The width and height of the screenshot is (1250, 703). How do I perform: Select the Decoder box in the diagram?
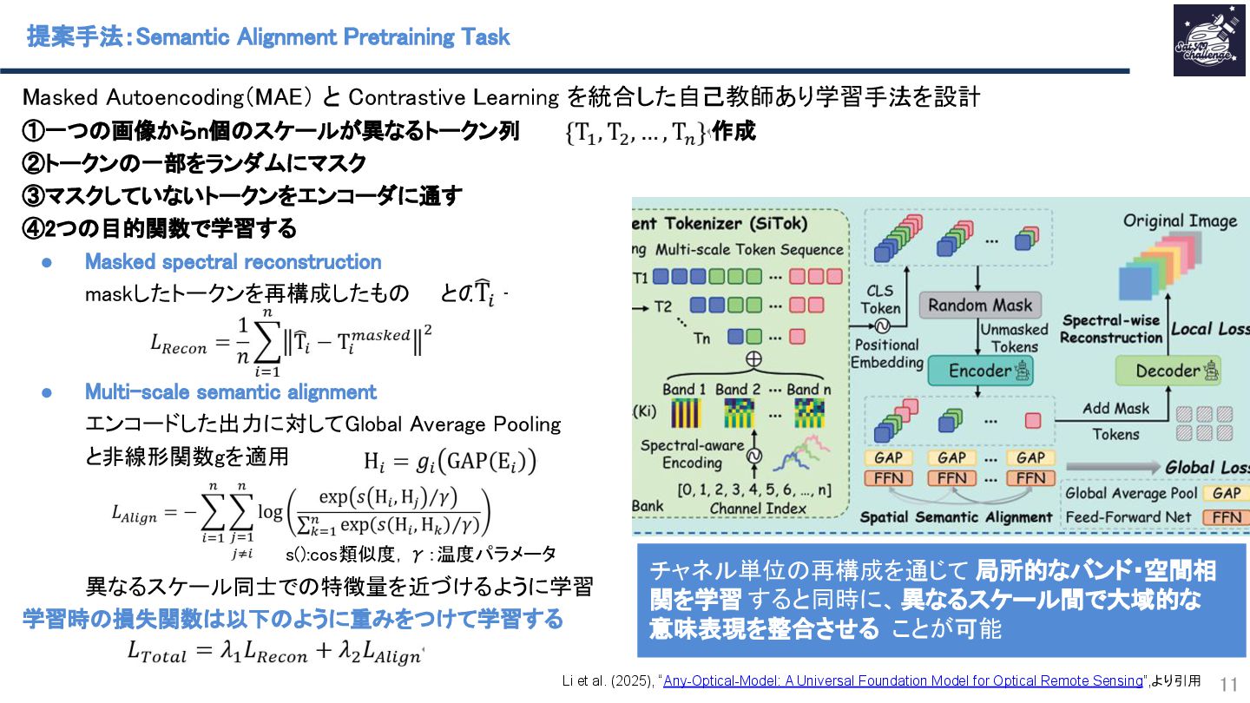point(1168,371)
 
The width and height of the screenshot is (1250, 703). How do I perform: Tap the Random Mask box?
point(980,305)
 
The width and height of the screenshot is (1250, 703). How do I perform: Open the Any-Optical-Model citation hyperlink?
point(903,680)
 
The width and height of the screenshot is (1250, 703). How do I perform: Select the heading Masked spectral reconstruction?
point(233,261)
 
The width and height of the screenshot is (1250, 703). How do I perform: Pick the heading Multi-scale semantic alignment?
point(230,392)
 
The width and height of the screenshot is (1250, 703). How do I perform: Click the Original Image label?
point(1180,220)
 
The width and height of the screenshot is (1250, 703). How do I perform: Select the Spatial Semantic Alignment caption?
point(956,516)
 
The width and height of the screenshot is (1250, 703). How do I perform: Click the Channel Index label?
point(758,508)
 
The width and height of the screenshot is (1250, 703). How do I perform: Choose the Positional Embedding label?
point(886,353)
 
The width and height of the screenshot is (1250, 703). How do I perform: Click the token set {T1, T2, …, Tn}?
point(636,132)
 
